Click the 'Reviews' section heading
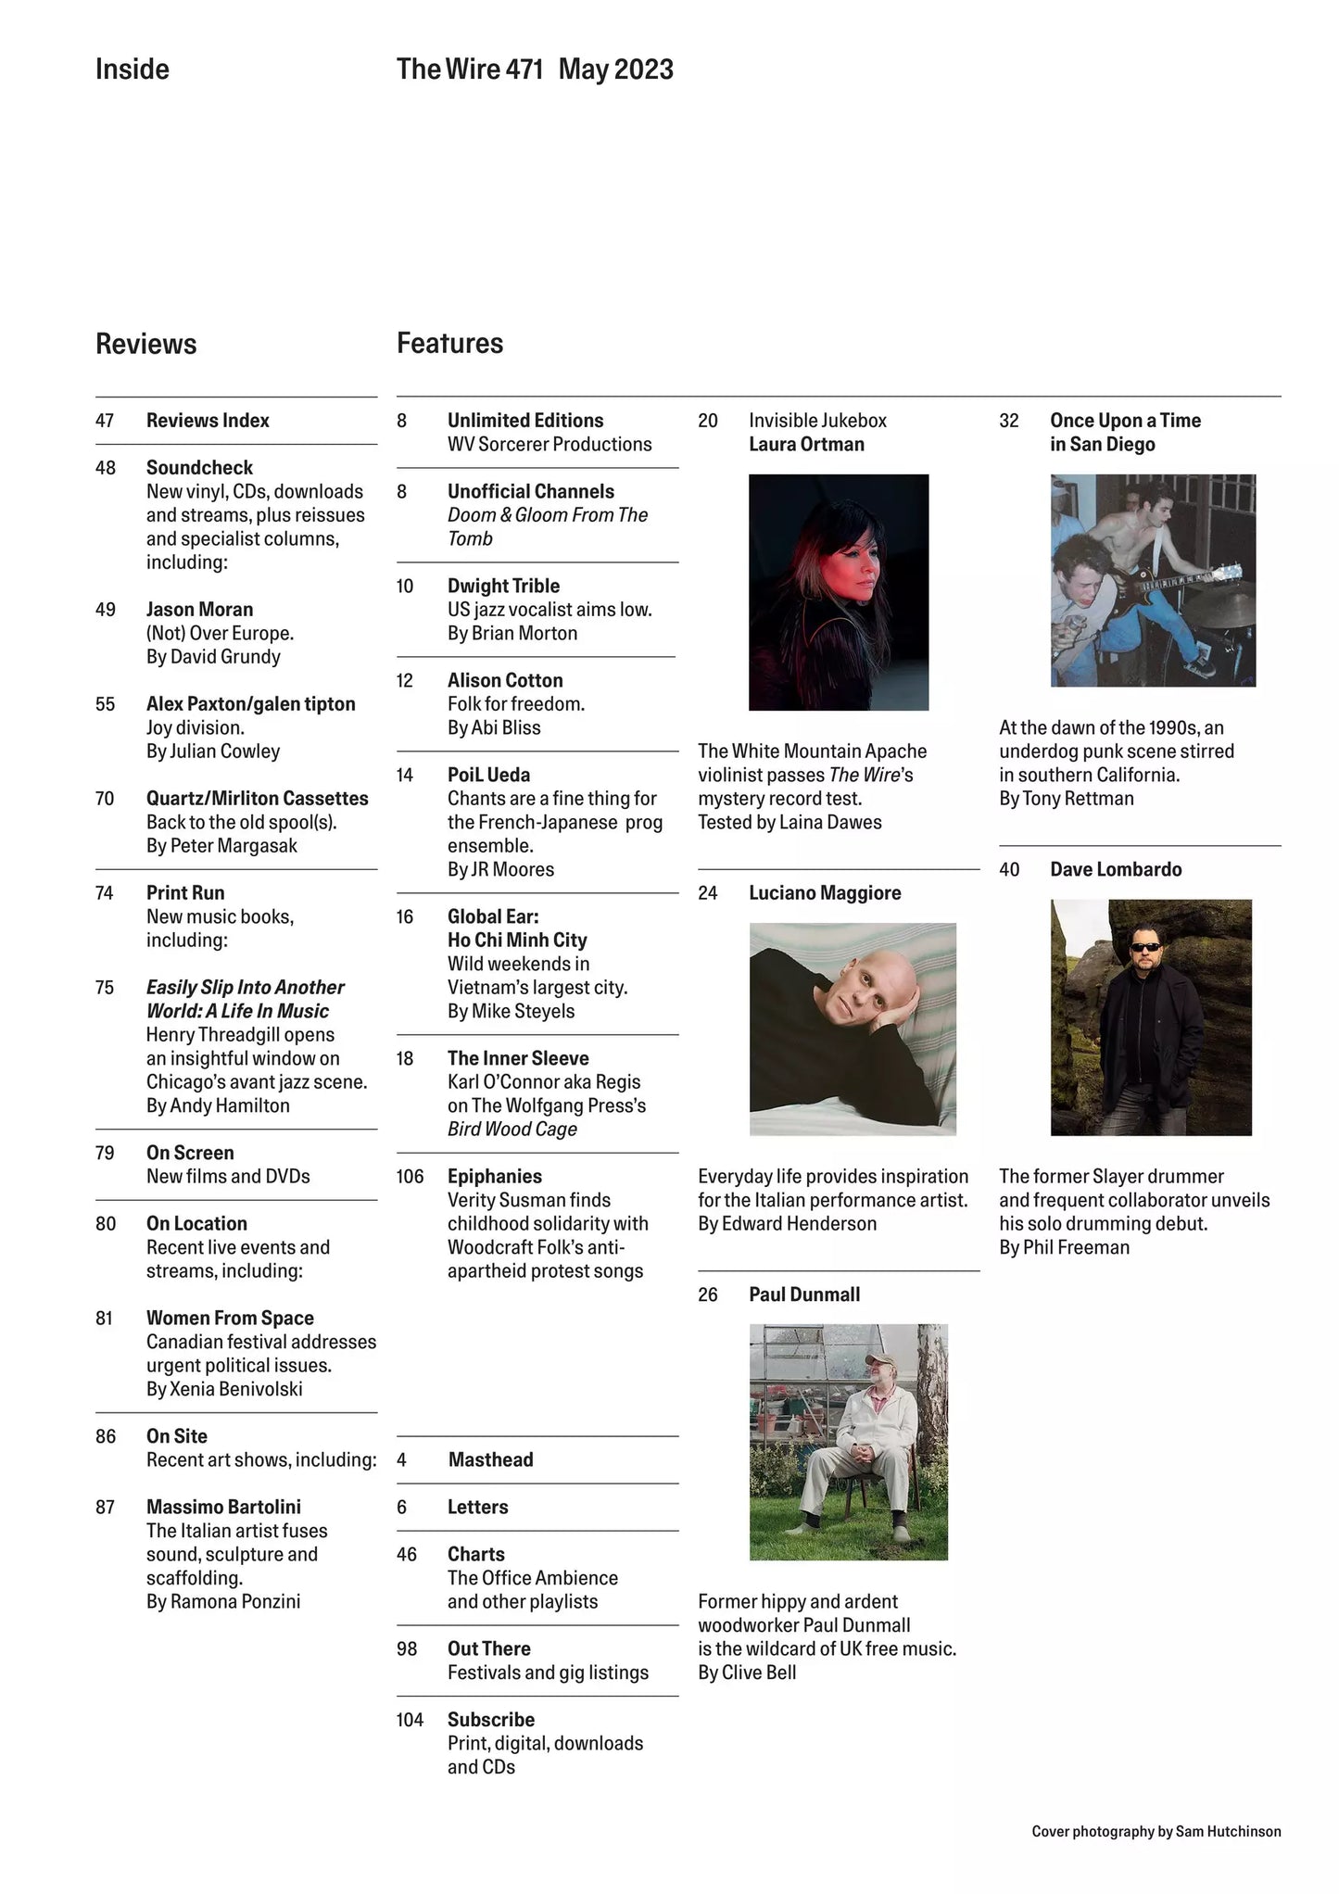[145, 344]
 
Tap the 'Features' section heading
[449, 343]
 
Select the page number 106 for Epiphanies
[410, 1177]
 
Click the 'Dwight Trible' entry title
[503, 586]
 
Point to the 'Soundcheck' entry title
[199, 468]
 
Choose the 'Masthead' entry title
[490, 1459]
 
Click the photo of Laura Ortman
[838, 592]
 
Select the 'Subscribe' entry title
[490, 1720]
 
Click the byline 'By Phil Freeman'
[1064, 1247]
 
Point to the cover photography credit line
[1156, 1831]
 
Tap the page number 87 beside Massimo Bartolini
[105, 1508]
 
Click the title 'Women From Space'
[230, 1318]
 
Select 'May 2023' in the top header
[615, 69]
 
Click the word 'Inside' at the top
[132, 69]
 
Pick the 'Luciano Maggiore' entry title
[824, 893]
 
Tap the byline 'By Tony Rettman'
[1066, 799]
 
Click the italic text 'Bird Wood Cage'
[512, 1130]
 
